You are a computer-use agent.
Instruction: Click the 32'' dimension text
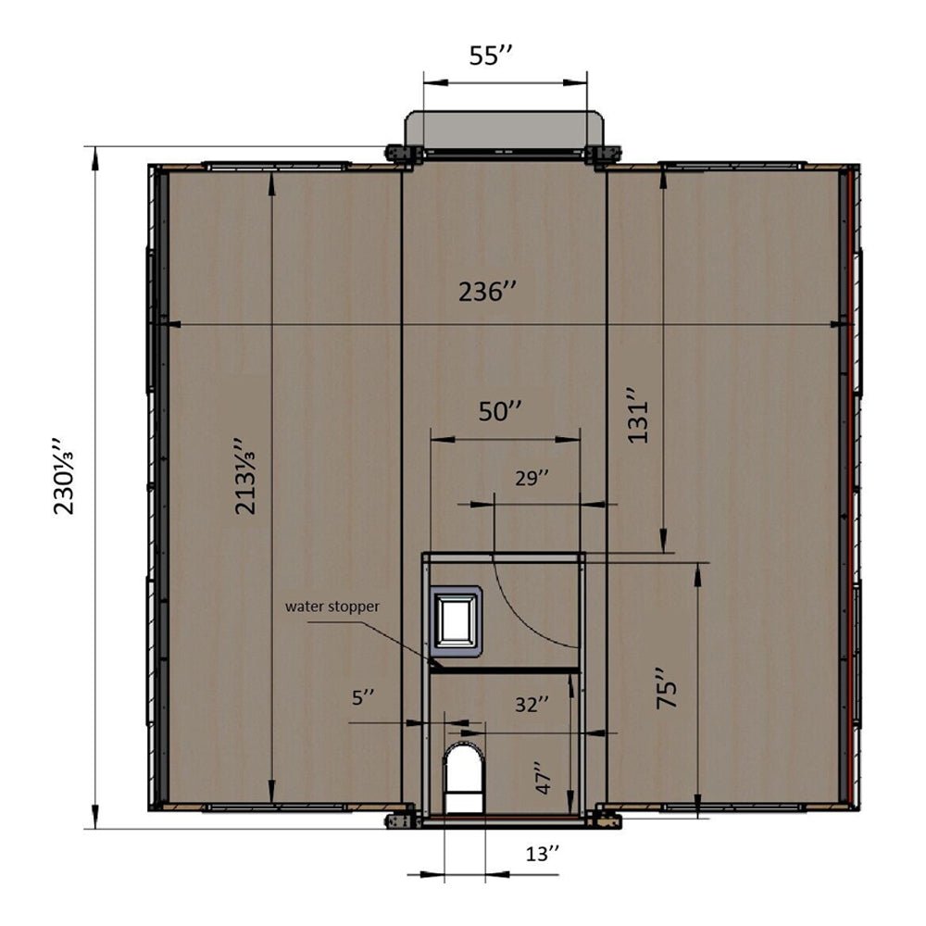(x=532, y=704)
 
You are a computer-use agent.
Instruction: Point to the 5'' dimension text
(x=363, y=695)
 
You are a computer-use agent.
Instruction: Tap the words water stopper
(x=332, y=607)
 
